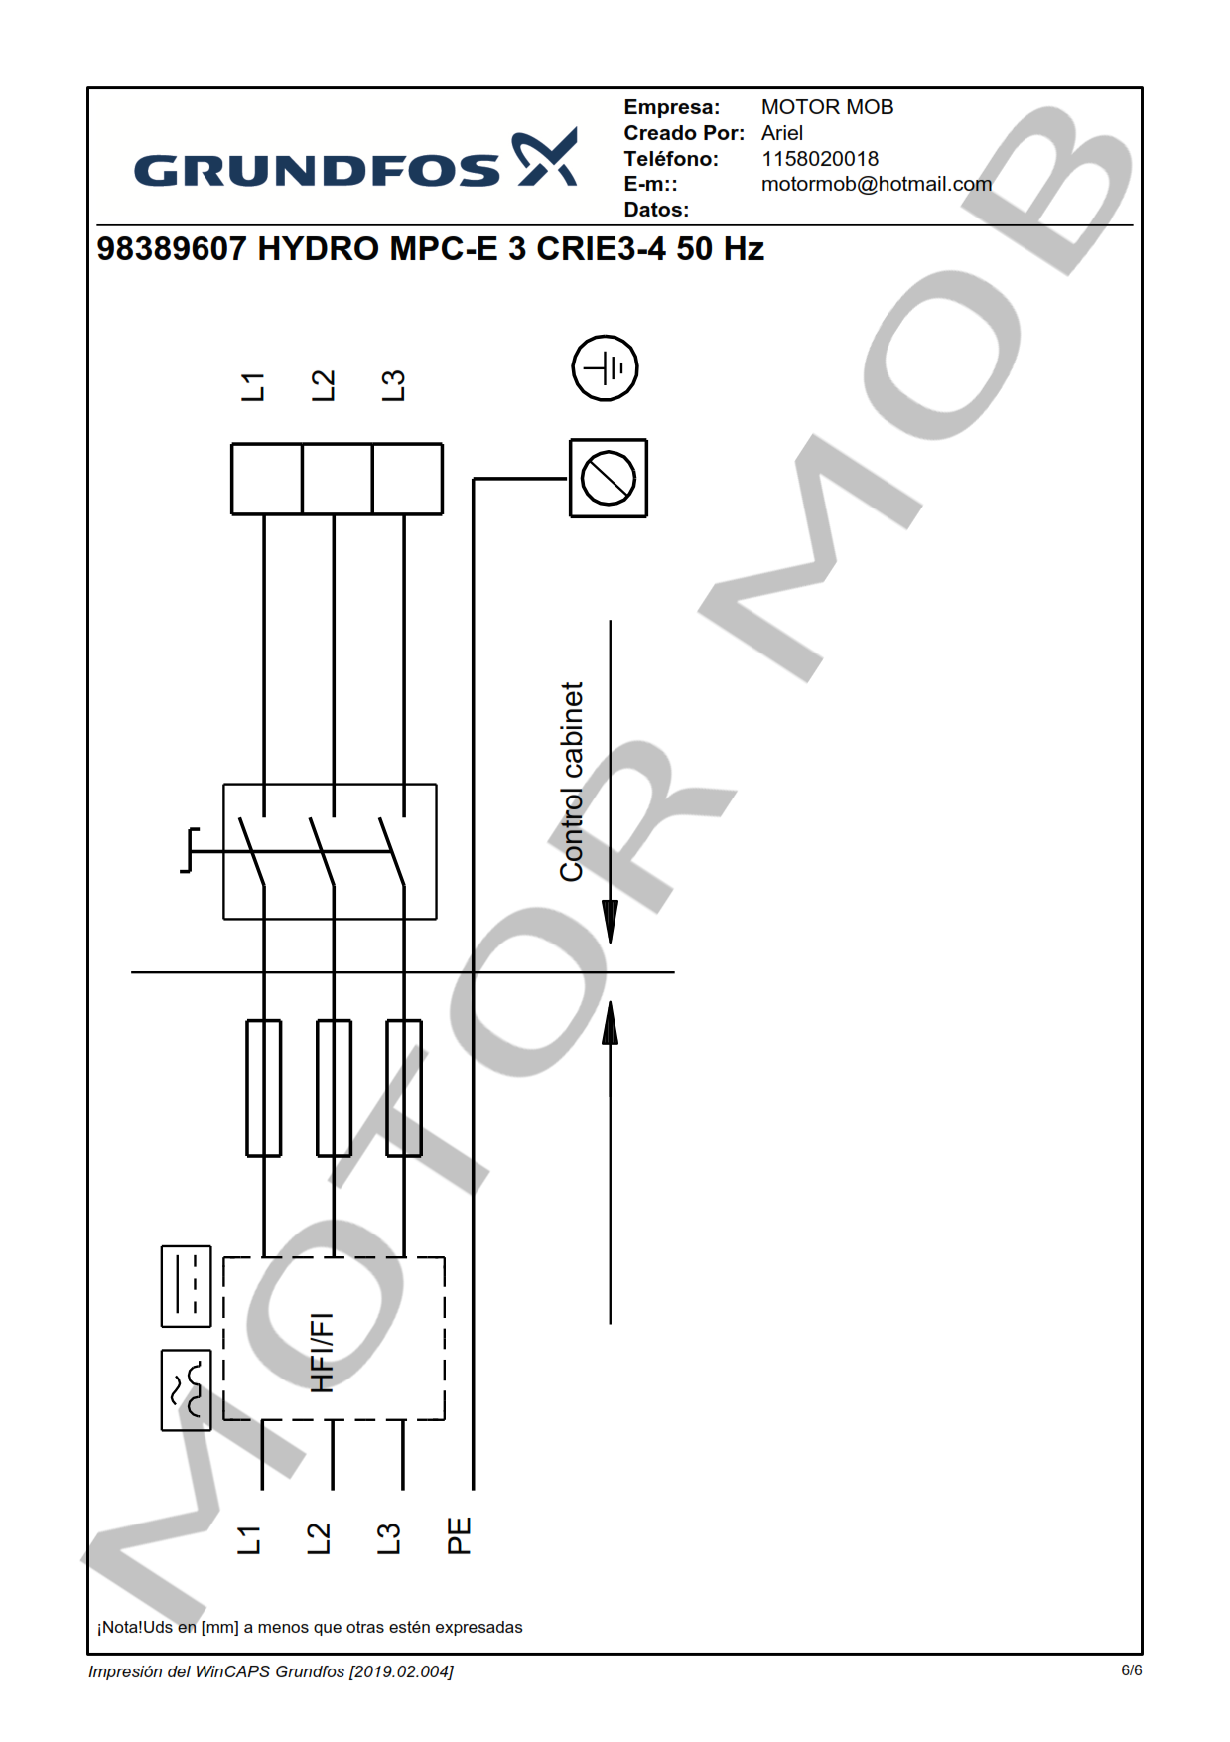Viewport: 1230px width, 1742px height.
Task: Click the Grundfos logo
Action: [x=355, y=159]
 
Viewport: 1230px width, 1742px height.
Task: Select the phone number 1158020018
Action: [x=820, y=159]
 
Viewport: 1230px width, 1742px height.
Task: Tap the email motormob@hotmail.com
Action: [x=877, y=184]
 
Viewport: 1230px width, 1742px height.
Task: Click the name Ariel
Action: [x=782, y=133]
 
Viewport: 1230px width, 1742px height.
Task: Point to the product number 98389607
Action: [x=171, y=248]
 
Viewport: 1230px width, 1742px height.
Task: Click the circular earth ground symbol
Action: [x=605, y=368]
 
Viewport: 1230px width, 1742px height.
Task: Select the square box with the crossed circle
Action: [x=609, y=479]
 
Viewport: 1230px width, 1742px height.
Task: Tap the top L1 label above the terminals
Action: [x=253, y=387]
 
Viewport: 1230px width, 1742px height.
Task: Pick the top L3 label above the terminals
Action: [x=393, y=386]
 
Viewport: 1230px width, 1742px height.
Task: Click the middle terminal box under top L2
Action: [x=337, y=479]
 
